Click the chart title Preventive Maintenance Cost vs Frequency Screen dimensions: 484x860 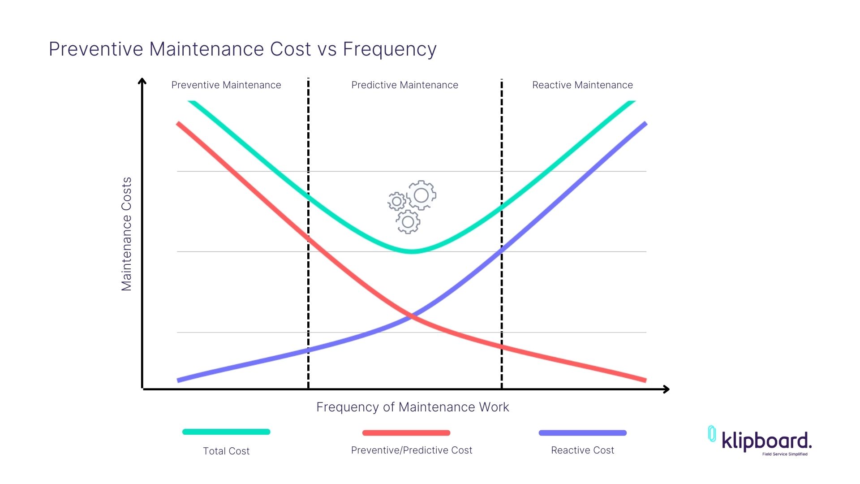click(x=242, y=49)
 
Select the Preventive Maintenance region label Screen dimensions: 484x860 click(x=226, y=85)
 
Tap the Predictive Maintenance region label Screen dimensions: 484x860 click(x=404, y=85)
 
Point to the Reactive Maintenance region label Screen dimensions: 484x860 click(x=582, y=85)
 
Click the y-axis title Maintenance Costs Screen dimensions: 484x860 click(x=127, y=234)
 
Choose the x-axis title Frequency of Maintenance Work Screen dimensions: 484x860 click(x=413, y=407)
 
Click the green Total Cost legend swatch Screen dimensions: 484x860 click(x=226, y=432)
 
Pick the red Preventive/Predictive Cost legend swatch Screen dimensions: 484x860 click(x=406, y=433)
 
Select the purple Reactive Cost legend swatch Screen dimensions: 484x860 click(x=582, y=433)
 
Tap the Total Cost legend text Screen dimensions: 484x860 click(x=226, y=451)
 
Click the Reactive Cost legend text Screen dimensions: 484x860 click(x=582, y=450)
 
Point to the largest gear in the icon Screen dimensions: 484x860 click(x=421, y=195)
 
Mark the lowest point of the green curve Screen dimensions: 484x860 click(x=412, y=251)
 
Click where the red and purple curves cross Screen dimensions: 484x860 click(x=411, y=316)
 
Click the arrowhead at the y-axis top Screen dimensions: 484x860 click(x=142, y=81)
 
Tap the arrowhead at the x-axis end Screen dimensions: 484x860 click(x=666, y=389)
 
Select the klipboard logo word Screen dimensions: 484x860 click(x=766, y=441)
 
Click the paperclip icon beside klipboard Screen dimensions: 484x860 click(x=712, y=434)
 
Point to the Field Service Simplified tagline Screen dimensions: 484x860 click(x=785, y=454)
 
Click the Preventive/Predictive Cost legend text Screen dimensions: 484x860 click(x=411, y=450)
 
